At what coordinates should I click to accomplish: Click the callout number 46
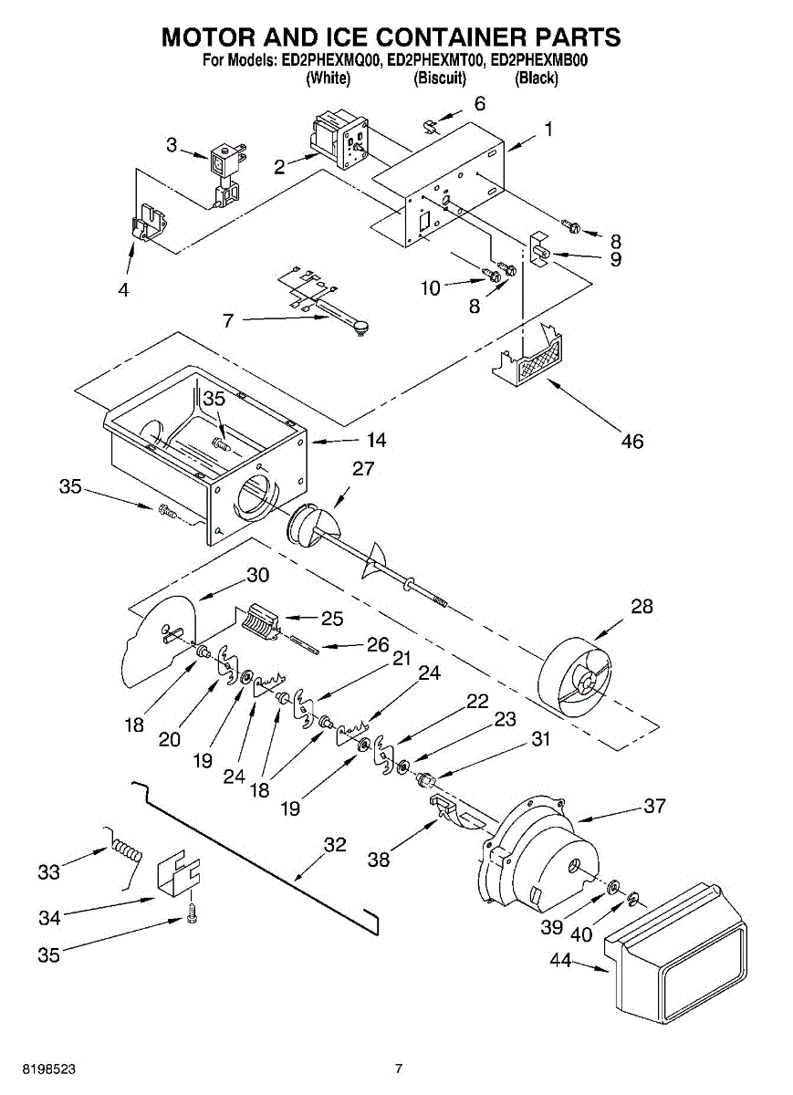click(x=631, y=442)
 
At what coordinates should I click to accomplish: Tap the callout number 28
click(x=642, y=607)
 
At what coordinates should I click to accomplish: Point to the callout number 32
click(x=335, y=845)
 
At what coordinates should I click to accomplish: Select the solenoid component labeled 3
click(x=224, y=174)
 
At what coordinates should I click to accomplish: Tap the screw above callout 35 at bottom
click(x=193, y=913)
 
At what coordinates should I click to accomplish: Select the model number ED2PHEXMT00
click(x=433, y=61)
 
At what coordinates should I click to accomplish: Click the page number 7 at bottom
click(x=398, y=1069)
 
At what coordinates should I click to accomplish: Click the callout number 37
click(x=654, y=807)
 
